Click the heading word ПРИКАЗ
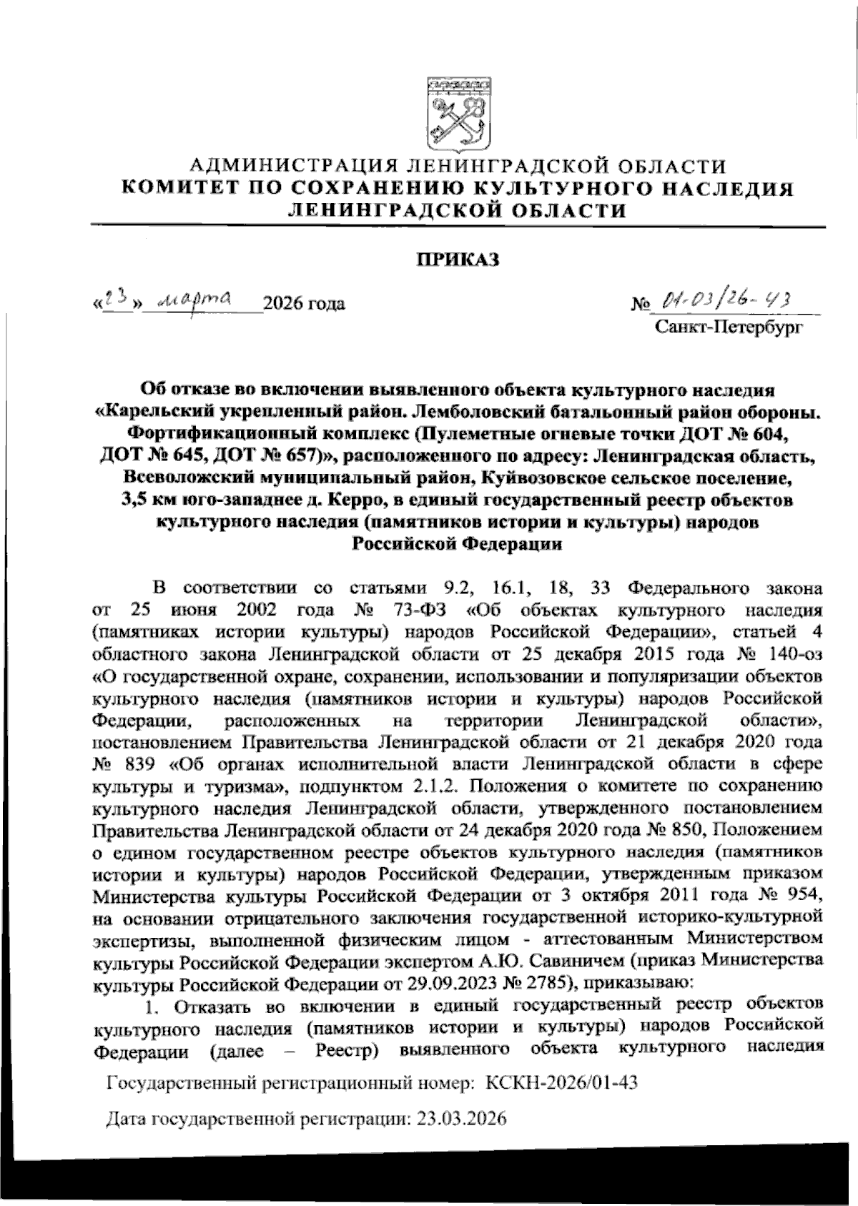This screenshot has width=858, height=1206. [x=458, y=260]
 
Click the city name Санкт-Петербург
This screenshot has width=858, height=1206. [x=729, y=327]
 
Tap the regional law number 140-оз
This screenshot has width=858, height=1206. [x=789, y=654]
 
